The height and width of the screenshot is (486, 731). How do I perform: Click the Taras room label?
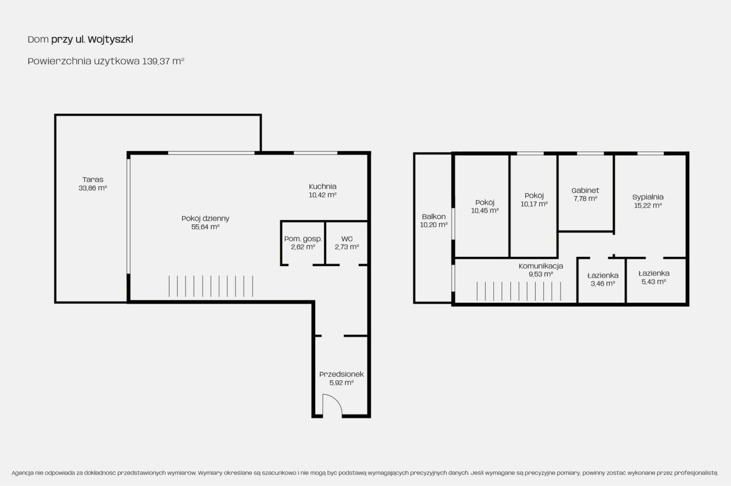click(93, 180)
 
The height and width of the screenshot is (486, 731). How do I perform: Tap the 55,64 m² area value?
click(205, 227)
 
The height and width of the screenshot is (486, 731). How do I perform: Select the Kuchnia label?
click(322, 187)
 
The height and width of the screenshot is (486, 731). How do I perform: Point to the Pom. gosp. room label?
click(303, 239)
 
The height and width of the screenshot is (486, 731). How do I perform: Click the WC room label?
click(347, 239)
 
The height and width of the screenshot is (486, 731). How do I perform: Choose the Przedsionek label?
click(341, 374)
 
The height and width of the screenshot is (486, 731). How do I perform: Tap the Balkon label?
click(434, 217)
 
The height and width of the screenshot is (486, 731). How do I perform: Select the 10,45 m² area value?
click(485, 211)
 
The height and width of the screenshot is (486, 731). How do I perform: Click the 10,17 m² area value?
click(534, 204)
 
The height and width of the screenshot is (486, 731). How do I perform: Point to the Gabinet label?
click(585, 190)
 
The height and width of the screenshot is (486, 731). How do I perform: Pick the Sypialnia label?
click(648, 197)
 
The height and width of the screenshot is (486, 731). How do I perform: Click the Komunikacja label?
click(541, 266)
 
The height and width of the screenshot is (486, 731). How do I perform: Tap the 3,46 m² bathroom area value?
click(603, 284)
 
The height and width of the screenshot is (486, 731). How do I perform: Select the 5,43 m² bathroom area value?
click(654, 282)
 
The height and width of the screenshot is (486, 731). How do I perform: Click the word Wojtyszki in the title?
click(110, 40)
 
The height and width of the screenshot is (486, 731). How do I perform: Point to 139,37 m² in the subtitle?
click(163, 61)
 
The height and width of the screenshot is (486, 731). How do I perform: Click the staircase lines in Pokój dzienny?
click(211, 286)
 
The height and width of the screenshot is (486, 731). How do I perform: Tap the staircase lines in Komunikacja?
click(519, 291)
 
